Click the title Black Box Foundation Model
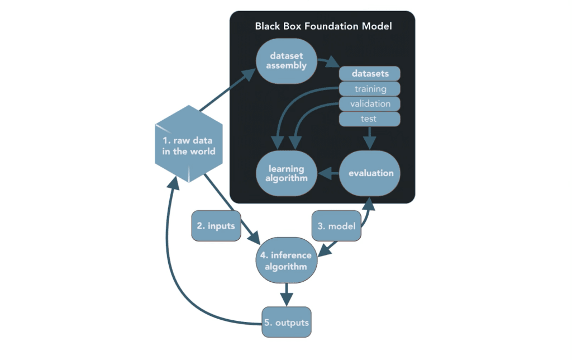click(323, 26)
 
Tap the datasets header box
click(370, 73)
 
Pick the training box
click(370, 89)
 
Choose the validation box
click(370, 104)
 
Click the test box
click(370, 119)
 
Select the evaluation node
click(370, 173)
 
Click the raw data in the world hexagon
click(188, 144)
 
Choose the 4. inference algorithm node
click(287, 260)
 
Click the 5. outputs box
click(287, 323)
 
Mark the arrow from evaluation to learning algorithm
click(328, 174)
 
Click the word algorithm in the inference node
click(287, 267)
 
